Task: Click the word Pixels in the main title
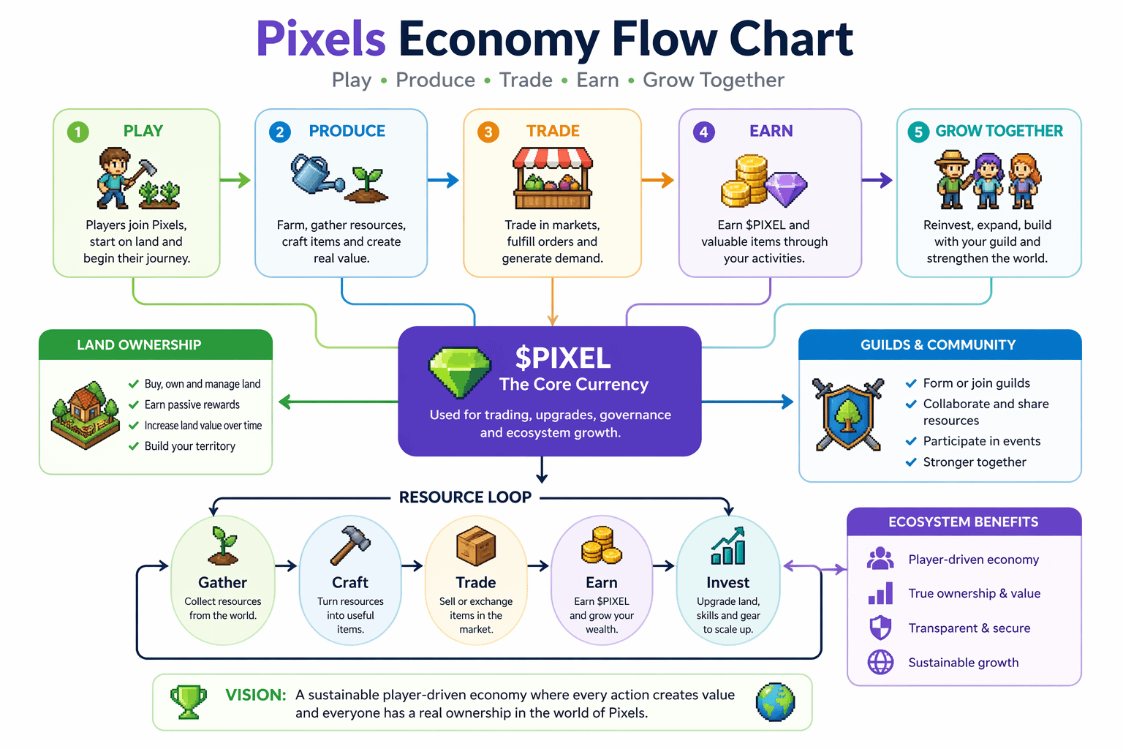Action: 321,39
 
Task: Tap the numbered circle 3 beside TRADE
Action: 488,132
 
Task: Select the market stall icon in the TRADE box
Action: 553,178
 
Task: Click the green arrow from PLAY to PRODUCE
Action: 235,180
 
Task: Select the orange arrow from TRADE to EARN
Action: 658,180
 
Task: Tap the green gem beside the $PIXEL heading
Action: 460,372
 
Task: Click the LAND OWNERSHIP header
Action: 139,345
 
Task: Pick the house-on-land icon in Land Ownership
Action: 86,415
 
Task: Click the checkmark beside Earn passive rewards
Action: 133,404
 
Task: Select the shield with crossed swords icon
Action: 848,415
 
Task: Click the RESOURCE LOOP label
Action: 465,497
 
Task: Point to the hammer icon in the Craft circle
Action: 350,546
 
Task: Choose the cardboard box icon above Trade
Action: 476,546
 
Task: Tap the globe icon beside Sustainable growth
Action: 880,662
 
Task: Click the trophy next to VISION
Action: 189,702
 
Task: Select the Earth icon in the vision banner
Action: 775,702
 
